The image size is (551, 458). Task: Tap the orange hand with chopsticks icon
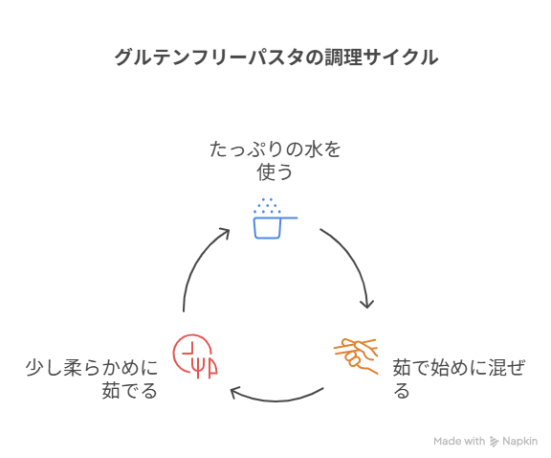click(x=356, y=355)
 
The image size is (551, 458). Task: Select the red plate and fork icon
click(x=195, y=355)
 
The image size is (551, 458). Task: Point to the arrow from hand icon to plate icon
click(x=276, y=401)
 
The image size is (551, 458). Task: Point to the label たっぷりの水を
click(x=275, y=149)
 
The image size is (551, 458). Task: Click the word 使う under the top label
click(x=275, y=172)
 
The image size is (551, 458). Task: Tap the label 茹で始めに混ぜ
click(x=458, y=368)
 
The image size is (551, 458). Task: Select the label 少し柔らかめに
click(x=92, y=368)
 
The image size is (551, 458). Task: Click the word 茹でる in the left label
click(x=130, y=390)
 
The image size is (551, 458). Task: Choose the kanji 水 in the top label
click(x=314, y=149)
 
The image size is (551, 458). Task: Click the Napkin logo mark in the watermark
click(x=494, y=442)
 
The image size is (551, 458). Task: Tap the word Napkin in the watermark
click(x=520, y=441)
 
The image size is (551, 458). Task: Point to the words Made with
click(x=459, y=441)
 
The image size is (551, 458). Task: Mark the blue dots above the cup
click(x=267, y=206)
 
